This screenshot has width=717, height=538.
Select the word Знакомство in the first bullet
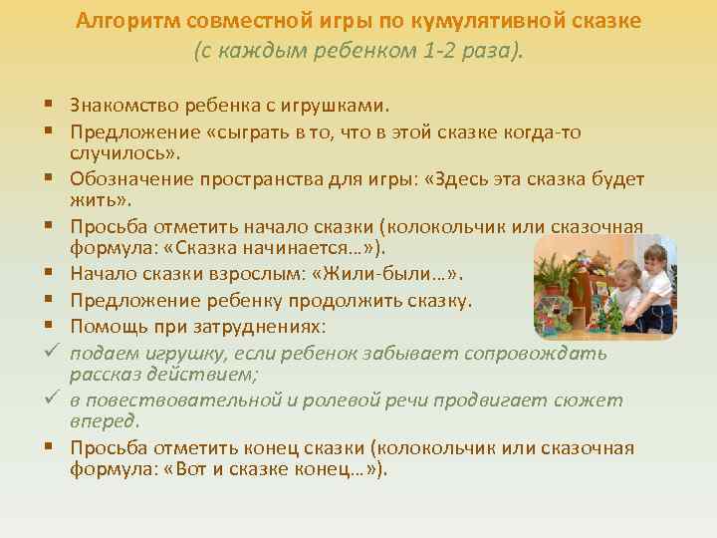coord(119,105)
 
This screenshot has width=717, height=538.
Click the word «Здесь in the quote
coord(456,179)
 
